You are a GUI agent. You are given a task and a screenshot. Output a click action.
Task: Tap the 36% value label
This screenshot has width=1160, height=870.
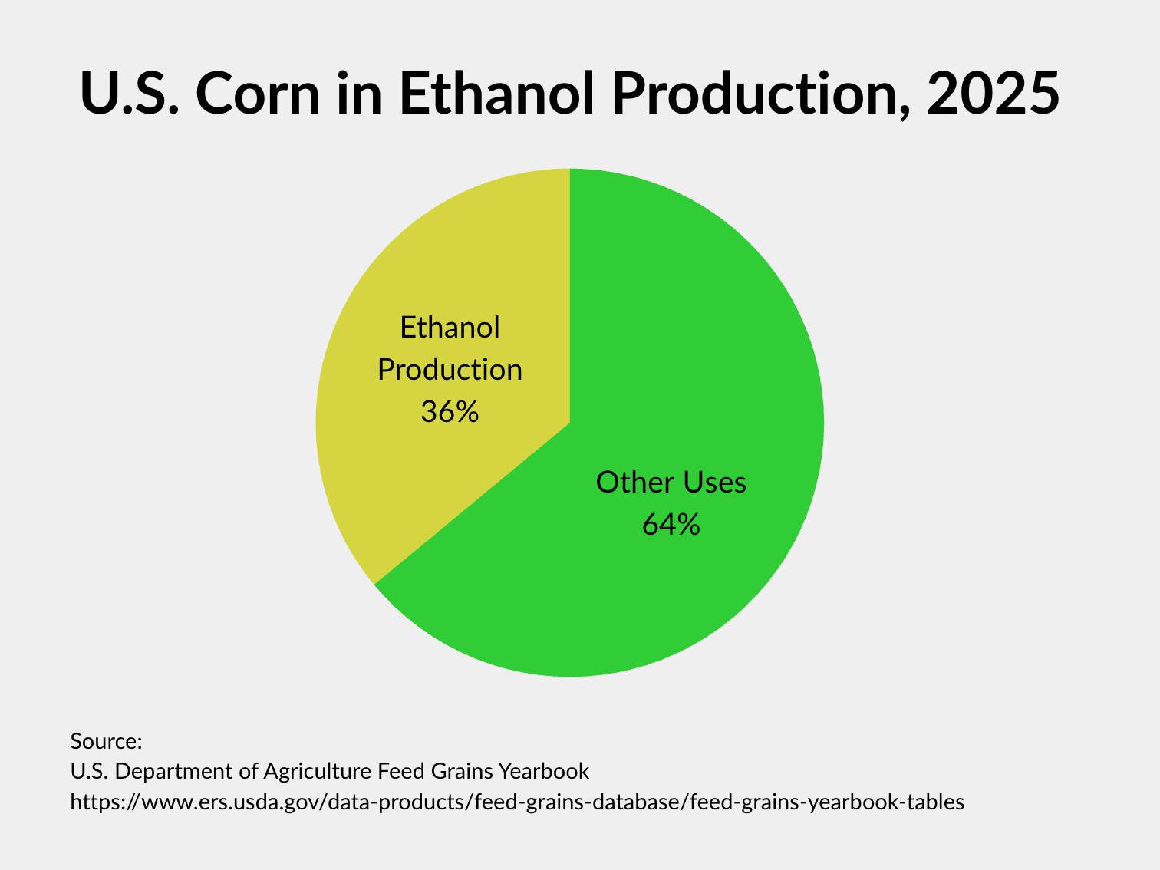tap(450, 412)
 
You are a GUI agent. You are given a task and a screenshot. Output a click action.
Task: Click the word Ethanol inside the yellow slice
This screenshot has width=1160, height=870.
tap(450, 328)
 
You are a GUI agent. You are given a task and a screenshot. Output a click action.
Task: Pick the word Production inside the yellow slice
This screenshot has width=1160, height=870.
tap(450, 370)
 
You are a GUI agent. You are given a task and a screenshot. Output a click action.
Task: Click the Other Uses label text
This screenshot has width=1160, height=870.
tap(671, 483)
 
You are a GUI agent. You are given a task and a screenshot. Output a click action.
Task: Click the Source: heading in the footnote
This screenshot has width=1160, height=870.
tap(106, 742)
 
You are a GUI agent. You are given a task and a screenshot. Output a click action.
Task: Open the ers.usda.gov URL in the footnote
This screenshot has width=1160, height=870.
tap(517, 802)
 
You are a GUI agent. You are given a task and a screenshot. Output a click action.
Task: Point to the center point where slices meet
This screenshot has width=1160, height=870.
tap(570, 423)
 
